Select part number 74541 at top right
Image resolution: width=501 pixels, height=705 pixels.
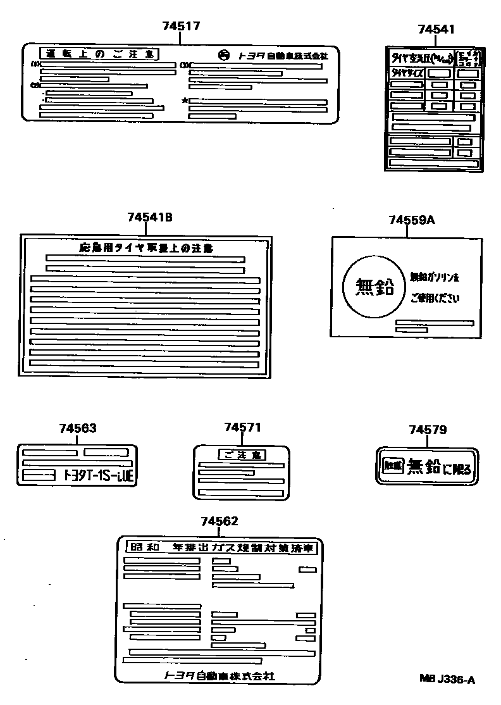click(x=436, y=29)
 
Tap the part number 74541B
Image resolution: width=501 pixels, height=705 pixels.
click(x=149, y=217)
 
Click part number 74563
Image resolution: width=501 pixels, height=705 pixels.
click(x=78, y=428)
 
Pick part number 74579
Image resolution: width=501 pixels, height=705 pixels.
click(x=428, y=430)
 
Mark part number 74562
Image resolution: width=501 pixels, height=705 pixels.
click(x=220, y=521)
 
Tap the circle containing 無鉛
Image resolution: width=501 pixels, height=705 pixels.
click(x=372, y=287)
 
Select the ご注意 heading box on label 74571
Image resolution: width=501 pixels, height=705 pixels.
click(x=242, y=454)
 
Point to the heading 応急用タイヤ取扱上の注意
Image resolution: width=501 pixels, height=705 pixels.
click(x=146, y=248)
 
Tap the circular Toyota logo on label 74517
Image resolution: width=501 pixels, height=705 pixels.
click(x=225, y=55)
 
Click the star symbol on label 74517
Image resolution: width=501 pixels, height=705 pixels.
click(x=185, y=101)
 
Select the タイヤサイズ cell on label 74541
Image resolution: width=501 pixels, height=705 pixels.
click(x=405, y=73)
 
